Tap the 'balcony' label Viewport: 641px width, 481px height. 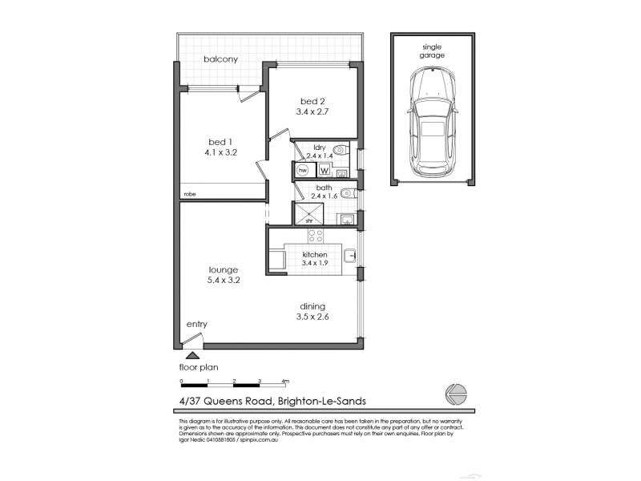tap(218, 59)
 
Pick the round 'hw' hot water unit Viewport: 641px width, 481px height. tap(303, 170)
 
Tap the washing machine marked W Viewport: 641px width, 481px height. tap(325, 170)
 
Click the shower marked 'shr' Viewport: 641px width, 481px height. tap(308, 214)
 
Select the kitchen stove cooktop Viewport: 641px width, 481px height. tap(316, 236)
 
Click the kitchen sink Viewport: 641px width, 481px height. tap(349, 257)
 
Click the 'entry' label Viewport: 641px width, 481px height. tap(196, 324)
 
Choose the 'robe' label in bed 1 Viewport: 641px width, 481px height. tap(190, 194)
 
